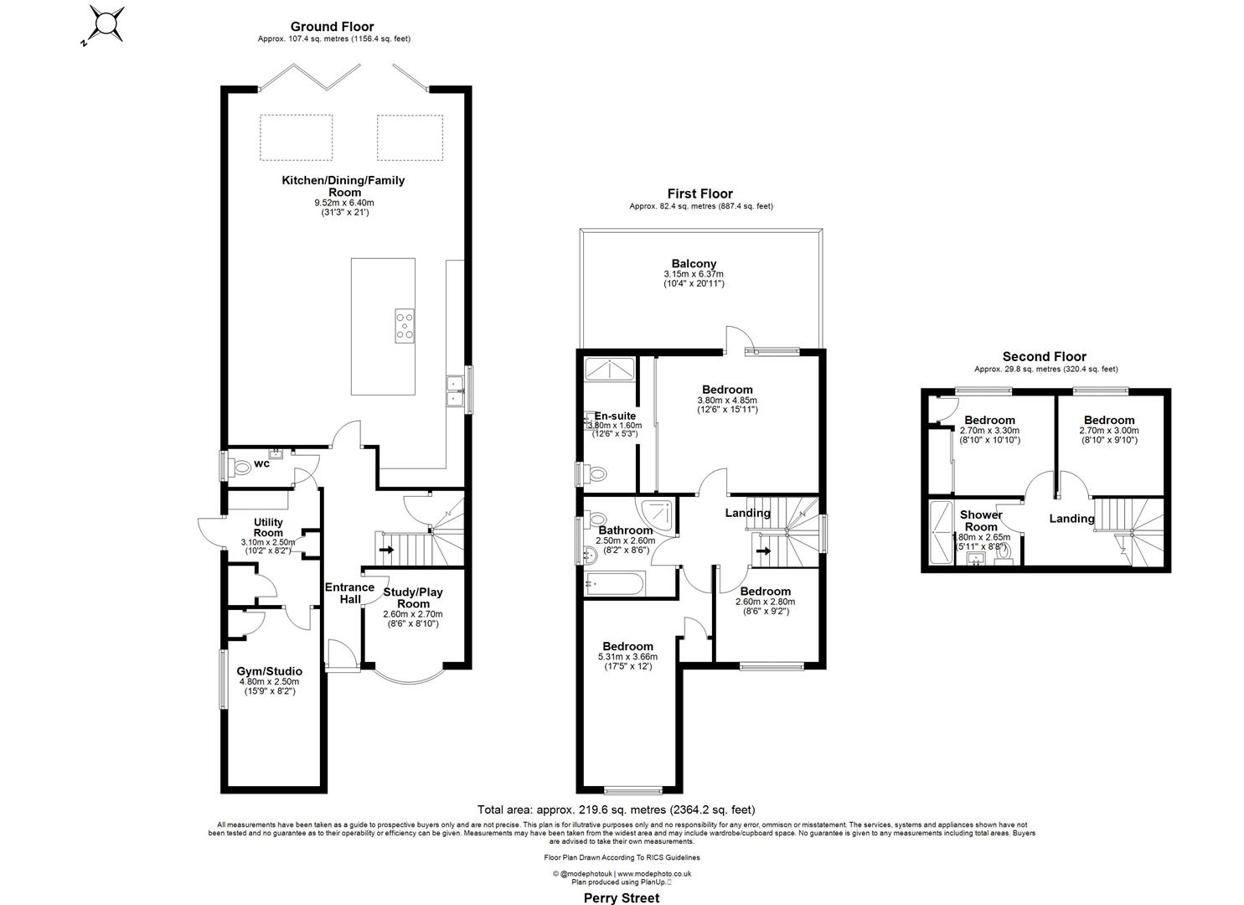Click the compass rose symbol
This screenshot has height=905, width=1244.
[x=107, y=23]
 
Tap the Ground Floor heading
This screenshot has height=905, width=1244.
[x=332, y=27]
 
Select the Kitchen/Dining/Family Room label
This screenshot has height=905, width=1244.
[x=343, y=186]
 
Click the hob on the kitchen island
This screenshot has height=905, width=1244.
[x=404, y=325]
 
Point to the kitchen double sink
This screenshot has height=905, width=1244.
[x=456, y=390]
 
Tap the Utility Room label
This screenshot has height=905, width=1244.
[x=268, y=527]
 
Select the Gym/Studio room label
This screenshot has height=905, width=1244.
[x=269, y=671]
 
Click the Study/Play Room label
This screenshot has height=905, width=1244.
[x=413, y=597]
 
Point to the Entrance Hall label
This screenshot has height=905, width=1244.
[x=349, y=592]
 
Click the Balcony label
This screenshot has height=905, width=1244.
[x=694, y=264]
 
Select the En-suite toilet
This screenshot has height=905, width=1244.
[x=596, y=474]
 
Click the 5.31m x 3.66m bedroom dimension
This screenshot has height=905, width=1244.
[x=627, y=657]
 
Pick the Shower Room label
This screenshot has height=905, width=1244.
[x=981, y=520]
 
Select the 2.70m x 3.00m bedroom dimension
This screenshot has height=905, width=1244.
[x=1108, y=431]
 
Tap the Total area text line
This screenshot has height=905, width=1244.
[x=616, y=809]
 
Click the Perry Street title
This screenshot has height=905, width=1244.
[x=621, y=897]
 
